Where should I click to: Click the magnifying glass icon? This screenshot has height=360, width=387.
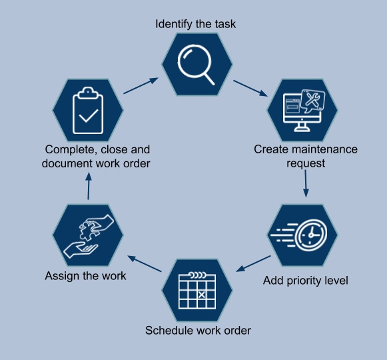(x=194, y=62)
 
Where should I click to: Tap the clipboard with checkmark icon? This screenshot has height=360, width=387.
(x=88, y=111)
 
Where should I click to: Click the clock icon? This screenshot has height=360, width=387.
(x=311, y=235)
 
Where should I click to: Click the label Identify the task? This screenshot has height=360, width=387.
(x=195, y=24)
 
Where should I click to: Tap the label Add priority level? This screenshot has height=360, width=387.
(x=306, y=281)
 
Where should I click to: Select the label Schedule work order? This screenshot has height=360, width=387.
(x=198, y=331)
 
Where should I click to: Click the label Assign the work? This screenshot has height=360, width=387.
(x=85, y=276)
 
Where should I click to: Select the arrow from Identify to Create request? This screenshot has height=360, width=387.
(x=250, y=88)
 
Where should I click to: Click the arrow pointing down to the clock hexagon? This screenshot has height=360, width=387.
(x=306, y=184)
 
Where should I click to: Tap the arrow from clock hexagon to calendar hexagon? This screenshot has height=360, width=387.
(x=253, y=263)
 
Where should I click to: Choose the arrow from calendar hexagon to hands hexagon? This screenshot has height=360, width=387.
(x=145, y=263)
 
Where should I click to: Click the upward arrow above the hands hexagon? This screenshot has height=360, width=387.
(x=89, y=186)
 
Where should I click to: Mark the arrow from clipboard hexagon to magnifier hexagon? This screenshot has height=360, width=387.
(x=141, y=85)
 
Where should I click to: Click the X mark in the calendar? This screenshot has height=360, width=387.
(x=202, y=295)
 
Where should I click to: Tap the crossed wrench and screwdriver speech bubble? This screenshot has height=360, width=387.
(x=313, y=100)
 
